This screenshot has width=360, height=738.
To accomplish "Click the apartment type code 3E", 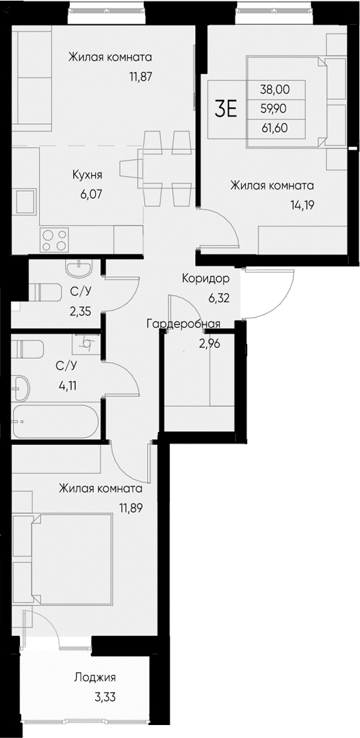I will pos(227,108).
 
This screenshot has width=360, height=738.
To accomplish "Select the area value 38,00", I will pos(274,88).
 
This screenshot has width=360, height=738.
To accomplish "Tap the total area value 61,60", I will pos(274,126).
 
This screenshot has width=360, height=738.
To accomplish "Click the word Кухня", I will pos(88,175).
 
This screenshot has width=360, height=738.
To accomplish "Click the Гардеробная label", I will pos(183,325).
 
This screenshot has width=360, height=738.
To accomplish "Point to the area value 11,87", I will pos(139,77).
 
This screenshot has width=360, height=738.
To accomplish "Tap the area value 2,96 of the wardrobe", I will pos(210,344).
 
